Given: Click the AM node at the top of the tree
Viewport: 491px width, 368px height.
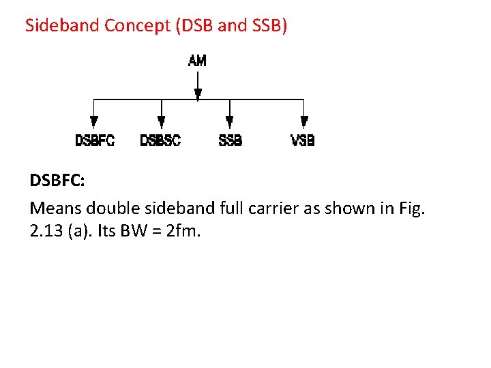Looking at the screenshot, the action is tap(197, 61).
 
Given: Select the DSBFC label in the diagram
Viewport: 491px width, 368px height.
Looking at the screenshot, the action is tap(95, 141).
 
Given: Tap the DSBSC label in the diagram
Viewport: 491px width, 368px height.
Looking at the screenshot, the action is tap(160, 141).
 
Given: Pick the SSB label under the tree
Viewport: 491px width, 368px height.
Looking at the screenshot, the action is tap(230, 141).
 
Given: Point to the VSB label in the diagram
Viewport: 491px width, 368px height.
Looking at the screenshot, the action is tap(303, 141).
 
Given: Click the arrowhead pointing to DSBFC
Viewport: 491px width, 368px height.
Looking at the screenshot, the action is tap(94, 123).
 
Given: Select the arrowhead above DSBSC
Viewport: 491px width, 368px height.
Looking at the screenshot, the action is tap(162, 123).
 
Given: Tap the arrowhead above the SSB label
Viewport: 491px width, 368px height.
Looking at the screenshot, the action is tap(229, 123).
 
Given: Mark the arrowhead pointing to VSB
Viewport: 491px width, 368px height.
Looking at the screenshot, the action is tap(304, 123).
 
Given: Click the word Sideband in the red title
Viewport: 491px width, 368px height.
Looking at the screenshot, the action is tap(62, 26).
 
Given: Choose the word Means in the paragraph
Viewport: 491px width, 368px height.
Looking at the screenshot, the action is tap(55, 208).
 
